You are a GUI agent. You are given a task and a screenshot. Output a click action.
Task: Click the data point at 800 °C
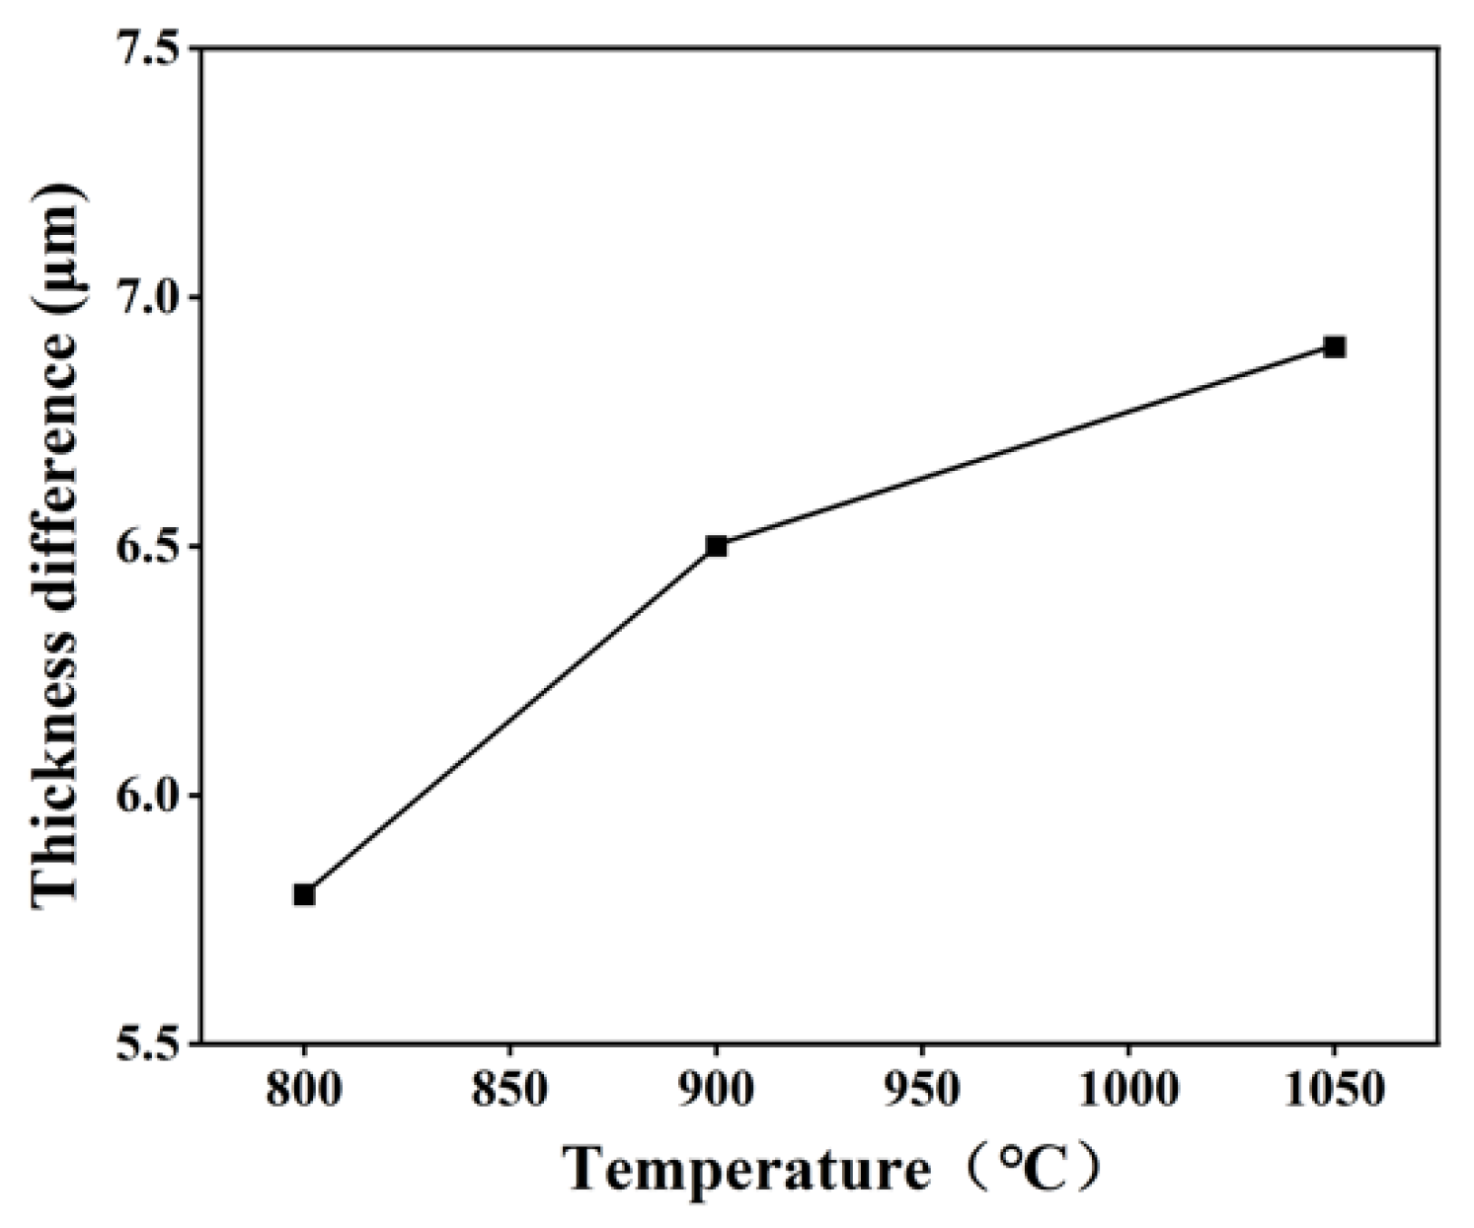click(304, 894)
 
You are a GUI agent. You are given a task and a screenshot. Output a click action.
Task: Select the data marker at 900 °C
click(717, 546)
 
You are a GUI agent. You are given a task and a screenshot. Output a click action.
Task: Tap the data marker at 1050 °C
click(1335, 346)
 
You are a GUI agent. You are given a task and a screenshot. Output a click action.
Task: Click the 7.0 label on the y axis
click(145, 297)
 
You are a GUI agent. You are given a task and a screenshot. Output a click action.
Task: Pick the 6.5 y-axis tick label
click(145, 546)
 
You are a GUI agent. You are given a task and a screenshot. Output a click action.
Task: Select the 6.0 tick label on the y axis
click(145, 795)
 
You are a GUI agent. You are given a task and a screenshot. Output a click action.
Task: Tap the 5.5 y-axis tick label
click(145, 1043)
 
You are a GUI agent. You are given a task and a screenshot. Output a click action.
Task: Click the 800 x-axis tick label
click(304, 1092)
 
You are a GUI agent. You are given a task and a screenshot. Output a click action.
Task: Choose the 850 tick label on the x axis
click(510, 1092)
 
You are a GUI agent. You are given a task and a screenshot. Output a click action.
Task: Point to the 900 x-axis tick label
click(717, 1092)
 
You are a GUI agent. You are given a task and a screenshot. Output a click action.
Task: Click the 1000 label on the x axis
click(1128, 1092)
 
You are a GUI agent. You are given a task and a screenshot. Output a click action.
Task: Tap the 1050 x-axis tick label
click(1335, 1092)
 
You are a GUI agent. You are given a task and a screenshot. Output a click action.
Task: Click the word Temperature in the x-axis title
click(747, 1172)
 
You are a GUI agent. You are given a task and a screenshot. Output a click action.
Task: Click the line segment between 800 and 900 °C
click(510, 721)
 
